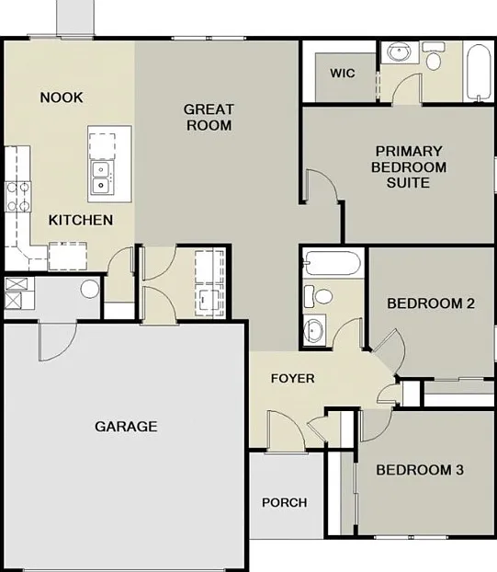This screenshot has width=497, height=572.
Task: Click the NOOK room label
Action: (x=62, y=97)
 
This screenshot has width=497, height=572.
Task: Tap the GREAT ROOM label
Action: (x=209, y=117)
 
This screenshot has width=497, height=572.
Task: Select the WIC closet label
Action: (x=343, y=73)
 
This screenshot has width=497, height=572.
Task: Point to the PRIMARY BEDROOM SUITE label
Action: (x=409, y=166)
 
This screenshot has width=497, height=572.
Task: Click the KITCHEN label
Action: (x=81, y=220)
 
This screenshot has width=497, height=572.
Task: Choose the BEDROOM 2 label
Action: (x=431, y=303)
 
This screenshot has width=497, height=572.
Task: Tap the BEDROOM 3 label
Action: (x=420, y=470)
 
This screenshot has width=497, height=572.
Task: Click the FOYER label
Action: (x=292, y=378)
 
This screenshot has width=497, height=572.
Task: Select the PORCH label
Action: (x=285, y=503)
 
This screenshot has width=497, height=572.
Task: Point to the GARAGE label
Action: (x=126, y=426)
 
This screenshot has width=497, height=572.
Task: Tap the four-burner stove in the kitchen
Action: (x=17, y=197)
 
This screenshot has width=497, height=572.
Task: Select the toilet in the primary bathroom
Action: (x=434, y=56)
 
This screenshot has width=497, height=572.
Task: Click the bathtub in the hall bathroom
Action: (x=333, y=263)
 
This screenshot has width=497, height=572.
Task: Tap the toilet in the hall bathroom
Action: (x=318, y=296)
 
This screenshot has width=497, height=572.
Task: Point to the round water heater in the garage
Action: (x=90, y=289)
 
